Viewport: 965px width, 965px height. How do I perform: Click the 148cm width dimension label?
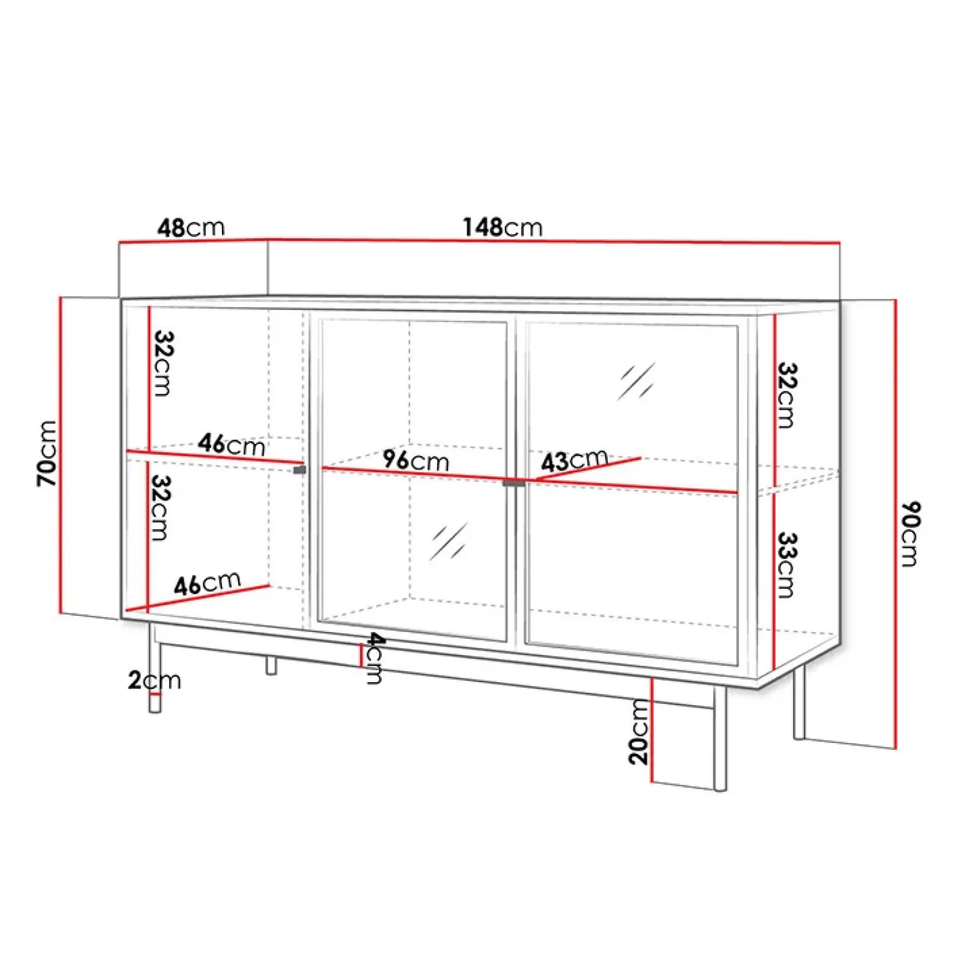pos(502,227)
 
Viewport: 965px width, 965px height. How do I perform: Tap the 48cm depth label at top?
pos(191,227)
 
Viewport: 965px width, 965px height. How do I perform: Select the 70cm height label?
pos(47,454)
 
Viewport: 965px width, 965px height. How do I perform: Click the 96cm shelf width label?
pos(416,460)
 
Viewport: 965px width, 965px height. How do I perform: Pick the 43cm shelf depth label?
pos(574,461)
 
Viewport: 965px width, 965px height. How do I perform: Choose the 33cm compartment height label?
pos(786,565)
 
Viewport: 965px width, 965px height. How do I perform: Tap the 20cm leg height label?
pos(639,732)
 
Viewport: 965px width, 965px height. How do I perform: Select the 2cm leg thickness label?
pos(154,680)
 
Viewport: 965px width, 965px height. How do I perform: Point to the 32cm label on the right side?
pos(786,395)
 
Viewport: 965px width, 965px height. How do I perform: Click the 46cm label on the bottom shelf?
pos(207,583)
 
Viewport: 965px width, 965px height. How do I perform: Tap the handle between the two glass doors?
pos(514,483)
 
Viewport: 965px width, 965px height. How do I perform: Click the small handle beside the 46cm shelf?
pos(300,470)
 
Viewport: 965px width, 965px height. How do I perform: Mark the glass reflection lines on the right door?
pos(636,381)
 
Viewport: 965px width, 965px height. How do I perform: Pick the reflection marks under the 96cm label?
pos(449,541)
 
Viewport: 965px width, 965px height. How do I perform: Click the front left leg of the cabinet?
pos(155,669)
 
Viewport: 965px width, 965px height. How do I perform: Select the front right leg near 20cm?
pos(720,739)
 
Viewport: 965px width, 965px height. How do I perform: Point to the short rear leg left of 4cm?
pos(271,665)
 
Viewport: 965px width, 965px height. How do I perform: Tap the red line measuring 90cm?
pos(896,524)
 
